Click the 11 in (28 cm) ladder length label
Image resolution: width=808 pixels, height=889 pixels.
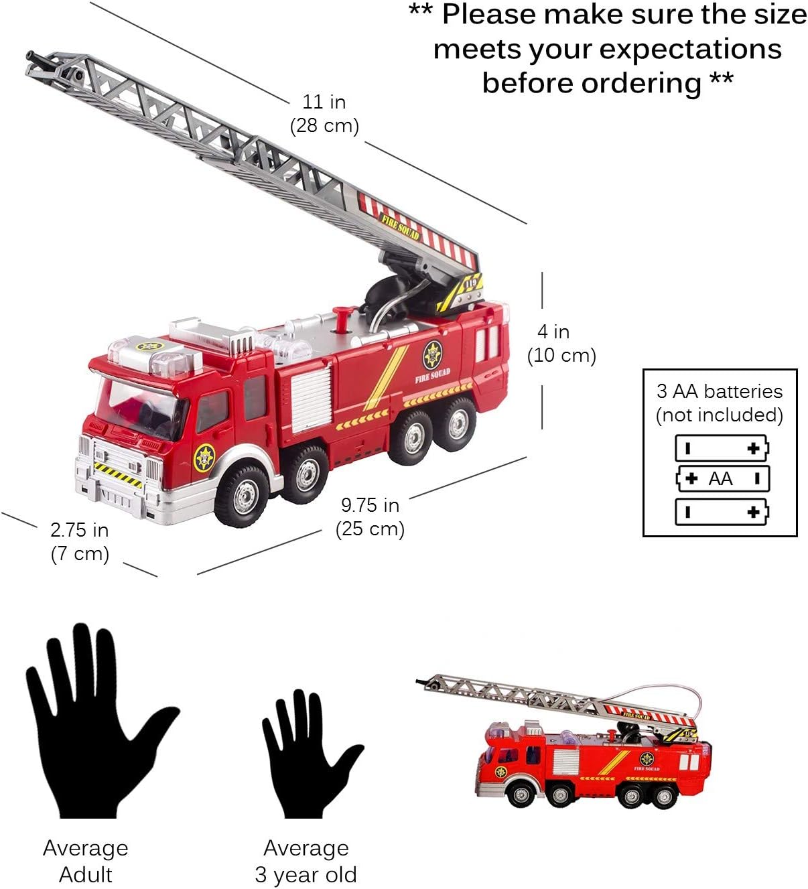[x=324, y=114]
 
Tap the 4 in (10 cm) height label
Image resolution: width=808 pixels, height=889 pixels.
[x=561, y=343]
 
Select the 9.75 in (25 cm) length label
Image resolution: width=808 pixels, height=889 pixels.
[x=370, y=517]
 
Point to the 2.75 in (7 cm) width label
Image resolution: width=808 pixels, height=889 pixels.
[x=80, y=541]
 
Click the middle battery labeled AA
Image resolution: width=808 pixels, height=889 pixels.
[x=722, y=478]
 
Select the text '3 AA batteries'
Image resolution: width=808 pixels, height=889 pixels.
[x=720, y=391]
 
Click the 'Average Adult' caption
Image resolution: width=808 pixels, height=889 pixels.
[x=86, y=861]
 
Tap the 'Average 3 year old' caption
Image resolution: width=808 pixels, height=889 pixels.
[x=306, y=861]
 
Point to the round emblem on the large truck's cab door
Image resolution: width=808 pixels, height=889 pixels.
[x=204, y=458]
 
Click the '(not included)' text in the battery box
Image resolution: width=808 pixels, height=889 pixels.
[x=720, y=415]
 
